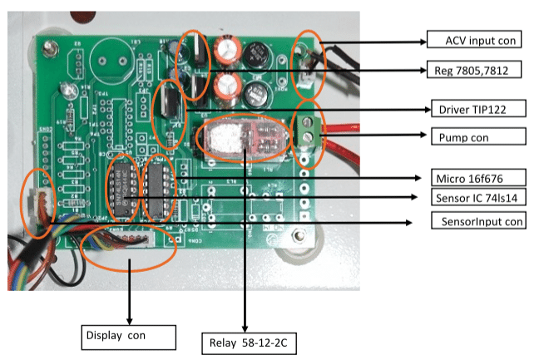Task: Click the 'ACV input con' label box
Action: point(473,40)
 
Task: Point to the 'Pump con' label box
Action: point(476,136)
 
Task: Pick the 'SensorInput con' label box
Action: point(478,221)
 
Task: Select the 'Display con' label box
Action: point(130,337)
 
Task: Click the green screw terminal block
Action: point(310,131)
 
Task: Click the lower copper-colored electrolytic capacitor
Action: point(227,86)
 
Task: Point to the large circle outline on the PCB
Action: point(110,57)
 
